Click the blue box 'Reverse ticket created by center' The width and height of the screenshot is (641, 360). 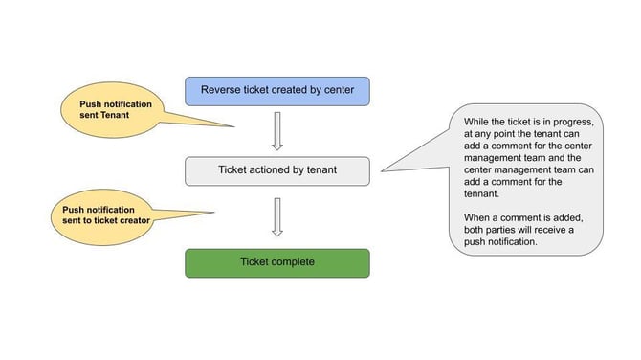[x=276, y=91]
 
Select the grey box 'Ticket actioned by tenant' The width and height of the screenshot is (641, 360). [x=276, y=170]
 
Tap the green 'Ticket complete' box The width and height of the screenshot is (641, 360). [x=276, y=262]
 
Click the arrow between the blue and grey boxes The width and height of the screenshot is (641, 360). [x=276, y=131]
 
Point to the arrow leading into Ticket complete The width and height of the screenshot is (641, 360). [x=276, y=216]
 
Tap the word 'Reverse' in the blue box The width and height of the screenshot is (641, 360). [x=223, y=91]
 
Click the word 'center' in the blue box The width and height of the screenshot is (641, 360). [x=335, y=91]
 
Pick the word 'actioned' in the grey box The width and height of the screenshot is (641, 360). [x=276, y=170]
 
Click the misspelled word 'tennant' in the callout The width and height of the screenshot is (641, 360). [x=484, y=192]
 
